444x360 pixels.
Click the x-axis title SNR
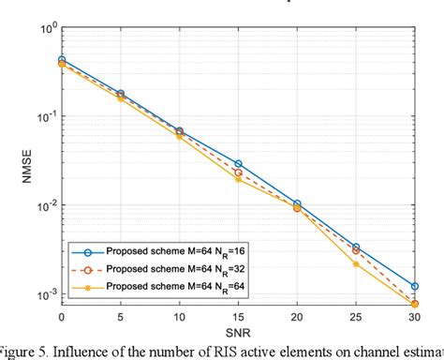pos(237,331)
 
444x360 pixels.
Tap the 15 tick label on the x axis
pos(237,316)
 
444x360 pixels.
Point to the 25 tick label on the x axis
pos(355,316)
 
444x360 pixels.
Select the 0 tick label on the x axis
pos(62,316)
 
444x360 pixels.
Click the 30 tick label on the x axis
pos(414,316)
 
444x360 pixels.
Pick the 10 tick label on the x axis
pos(178,316)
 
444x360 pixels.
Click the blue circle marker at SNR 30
pos(414,286)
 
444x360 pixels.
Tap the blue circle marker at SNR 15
pos(238,164)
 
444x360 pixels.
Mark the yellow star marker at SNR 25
pos(356,264)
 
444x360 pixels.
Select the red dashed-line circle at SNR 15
pos(238,172)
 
